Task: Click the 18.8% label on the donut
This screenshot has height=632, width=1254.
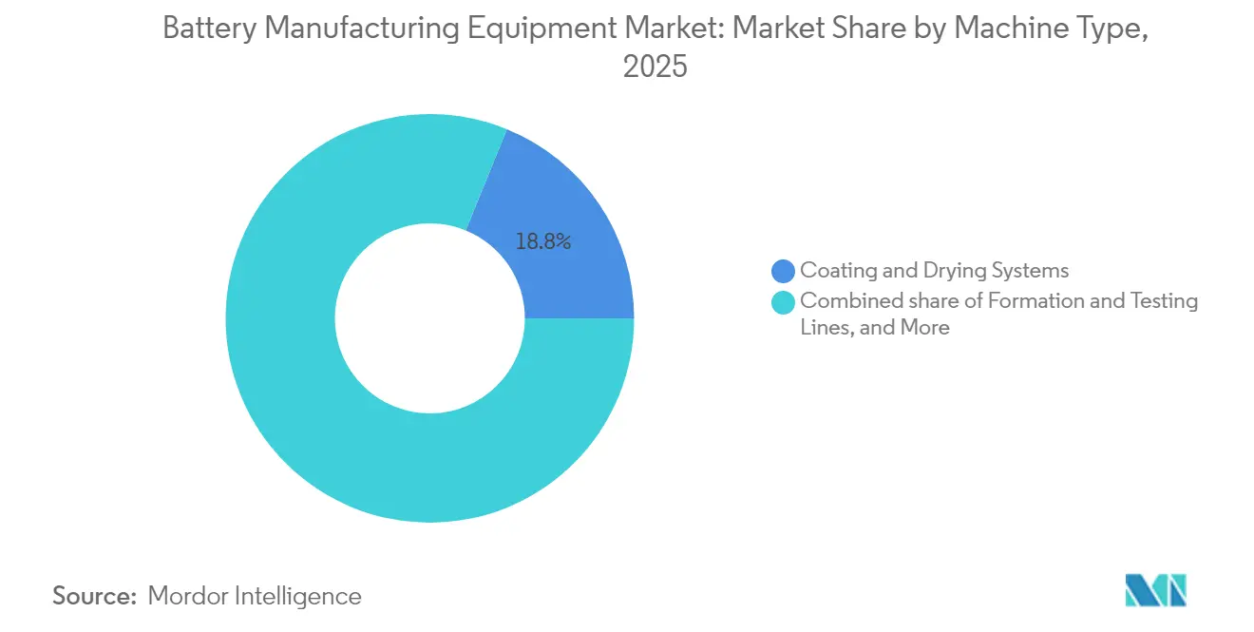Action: (x=542, y=242)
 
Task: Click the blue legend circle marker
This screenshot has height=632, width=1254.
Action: (x=784, y=272)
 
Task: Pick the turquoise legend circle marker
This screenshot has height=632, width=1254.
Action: (x=784, y=302)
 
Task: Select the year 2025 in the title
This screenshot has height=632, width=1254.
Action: (x=655, y=67)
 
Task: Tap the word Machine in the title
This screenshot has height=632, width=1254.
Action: (x=1007, y=29)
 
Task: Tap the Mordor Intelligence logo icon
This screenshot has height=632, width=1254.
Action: (x=1155, y=590)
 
